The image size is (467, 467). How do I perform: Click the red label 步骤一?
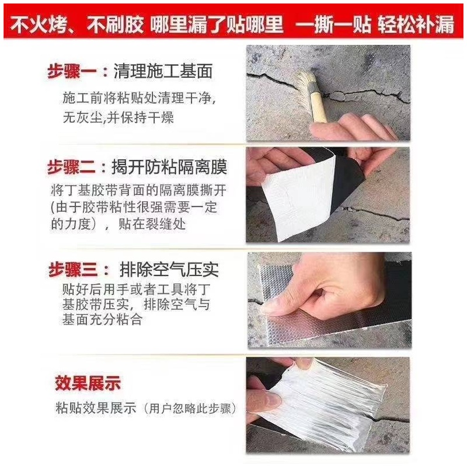[x=72, y=72]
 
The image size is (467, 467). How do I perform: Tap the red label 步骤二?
[x=71, y=167]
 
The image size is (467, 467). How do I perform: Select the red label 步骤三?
[x=73, y=270]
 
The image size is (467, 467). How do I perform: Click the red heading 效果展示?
[x=88, y=383]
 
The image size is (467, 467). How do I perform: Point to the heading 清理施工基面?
[x=163, y=71]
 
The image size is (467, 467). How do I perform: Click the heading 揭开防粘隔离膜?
[x=169, y=167]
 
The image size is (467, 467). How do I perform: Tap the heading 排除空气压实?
[x=169, y=270]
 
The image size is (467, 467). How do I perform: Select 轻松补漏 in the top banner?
[x=416, y=25]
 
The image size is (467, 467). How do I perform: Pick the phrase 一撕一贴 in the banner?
[x=333, y=25]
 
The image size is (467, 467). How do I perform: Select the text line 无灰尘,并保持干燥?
[x=119, y=117]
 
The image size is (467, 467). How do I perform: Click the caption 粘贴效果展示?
[x=96, y=407]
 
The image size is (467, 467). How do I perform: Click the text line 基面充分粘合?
[x=102, y=319]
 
